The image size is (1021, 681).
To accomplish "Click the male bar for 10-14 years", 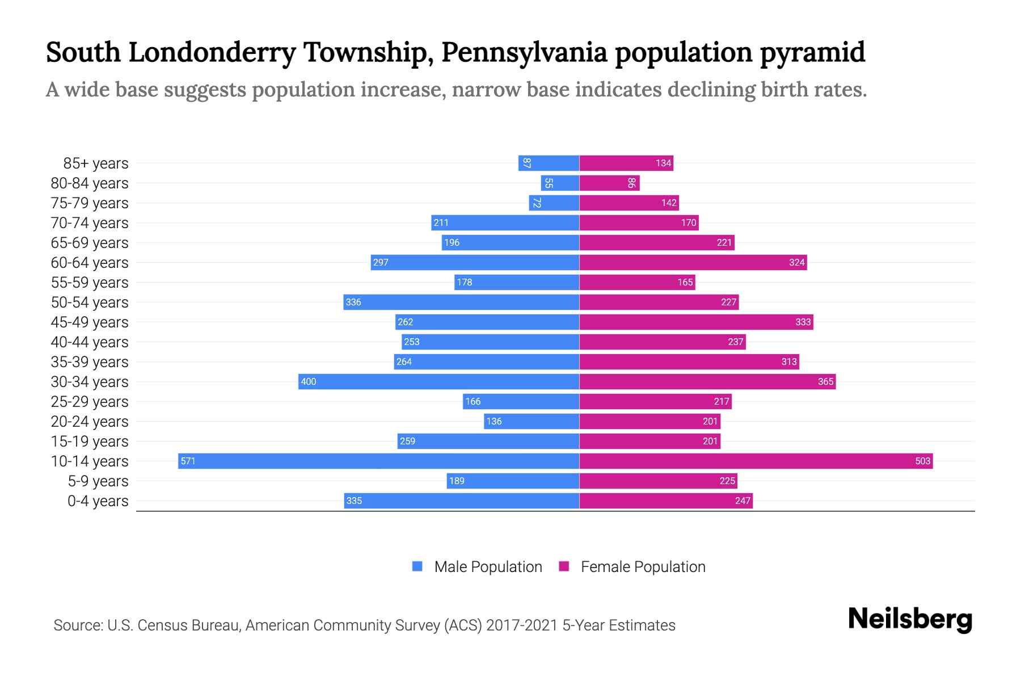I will pos(378,461).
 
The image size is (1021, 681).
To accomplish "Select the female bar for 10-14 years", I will pos(756,461).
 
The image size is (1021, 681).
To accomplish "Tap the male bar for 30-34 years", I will pos(438,381).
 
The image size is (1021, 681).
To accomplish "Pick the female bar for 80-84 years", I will pos(609,183).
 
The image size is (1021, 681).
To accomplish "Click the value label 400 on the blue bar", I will pos(309,381).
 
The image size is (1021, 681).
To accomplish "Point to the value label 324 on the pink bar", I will pos(796,262).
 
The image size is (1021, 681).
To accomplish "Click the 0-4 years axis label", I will pos(98,501).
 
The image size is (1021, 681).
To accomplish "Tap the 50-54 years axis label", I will pos(90,302).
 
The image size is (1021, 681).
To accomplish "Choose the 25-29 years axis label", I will pos(90,402).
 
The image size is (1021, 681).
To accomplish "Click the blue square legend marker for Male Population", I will pos(417,566).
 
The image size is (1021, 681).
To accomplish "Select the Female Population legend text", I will pos(643,567).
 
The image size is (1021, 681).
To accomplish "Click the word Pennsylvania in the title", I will pos(524,52).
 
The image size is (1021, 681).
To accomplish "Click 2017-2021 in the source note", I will pos(522,625).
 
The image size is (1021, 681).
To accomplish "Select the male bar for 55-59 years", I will pos(516,282).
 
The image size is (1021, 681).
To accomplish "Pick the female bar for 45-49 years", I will pos(696,322).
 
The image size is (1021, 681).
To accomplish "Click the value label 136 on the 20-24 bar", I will pos(494,421).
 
